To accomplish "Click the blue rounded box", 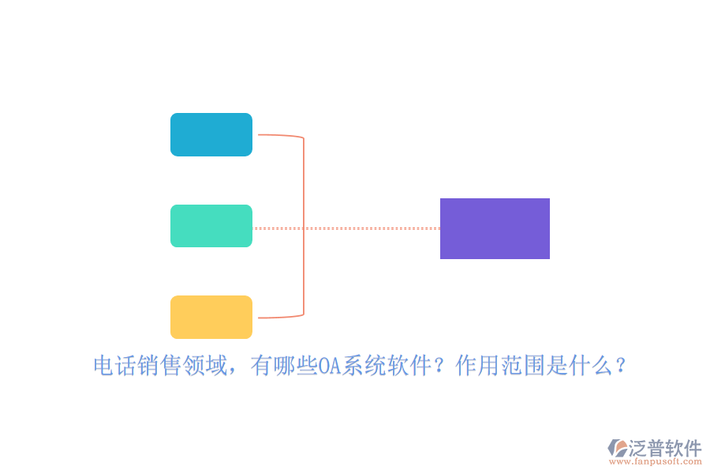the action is point(211,135).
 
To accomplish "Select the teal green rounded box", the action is point(211,226).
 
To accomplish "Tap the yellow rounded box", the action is point(211,317).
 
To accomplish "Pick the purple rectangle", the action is point(495,228).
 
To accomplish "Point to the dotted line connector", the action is point(346,228).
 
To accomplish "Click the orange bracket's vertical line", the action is point(304,227).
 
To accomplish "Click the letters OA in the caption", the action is point(330,366).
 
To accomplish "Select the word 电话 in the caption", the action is point(115,366).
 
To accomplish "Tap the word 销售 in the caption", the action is point(160,366).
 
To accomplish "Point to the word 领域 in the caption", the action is point(204,366).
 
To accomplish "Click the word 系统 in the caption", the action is point(364,366).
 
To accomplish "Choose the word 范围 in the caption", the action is point(522,366).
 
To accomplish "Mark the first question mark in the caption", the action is point(439,366).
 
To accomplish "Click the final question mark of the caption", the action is point(621,366).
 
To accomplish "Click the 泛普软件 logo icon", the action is point(617,448).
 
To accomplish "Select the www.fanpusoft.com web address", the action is point(656,461).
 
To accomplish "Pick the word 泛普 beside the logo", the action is point(647,448).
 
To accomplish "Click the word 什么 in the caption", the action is point(589,366).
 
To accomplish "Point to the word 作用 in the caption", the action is point(477,366).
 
